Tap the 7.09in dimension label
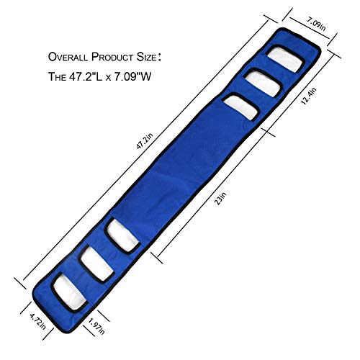coord(315,24)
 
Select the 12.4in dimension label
coord(309,96)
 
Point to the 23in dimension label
coord(221,197)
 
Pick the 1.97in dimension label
coord(96,326)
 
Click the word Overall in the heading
coord(68,57)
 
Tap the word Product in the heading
coord(112,57)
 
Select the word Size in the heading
coord(147,57)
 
